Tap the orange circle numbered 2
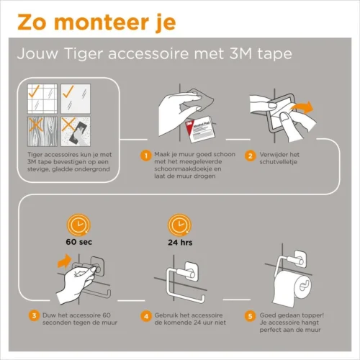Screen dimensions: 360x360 pyautogui.click(x=250, y=155)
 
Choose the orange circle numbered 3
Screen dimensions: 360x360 pyautogui.click(x=34, y=315)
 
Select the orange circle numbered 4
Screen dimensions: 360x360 pyautogui.click(x=146, y=315)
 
